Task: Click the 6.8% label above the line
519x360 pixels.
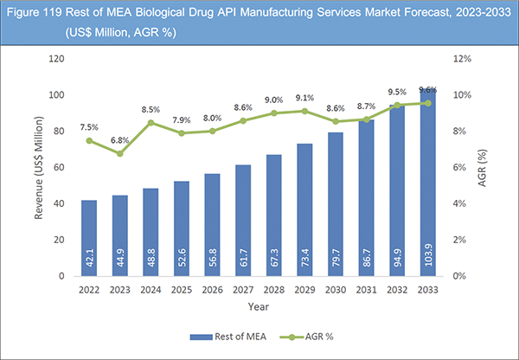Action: pos(120,139)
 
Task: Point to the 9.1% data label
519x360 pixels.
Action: pos(304,98)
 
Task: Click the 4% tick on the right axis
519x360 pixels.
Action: pos(462,203)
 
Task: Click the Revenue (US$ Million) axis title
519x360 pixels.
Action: pos(39,167)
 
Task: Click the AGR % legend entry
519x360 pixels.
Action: pos(317,337)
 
